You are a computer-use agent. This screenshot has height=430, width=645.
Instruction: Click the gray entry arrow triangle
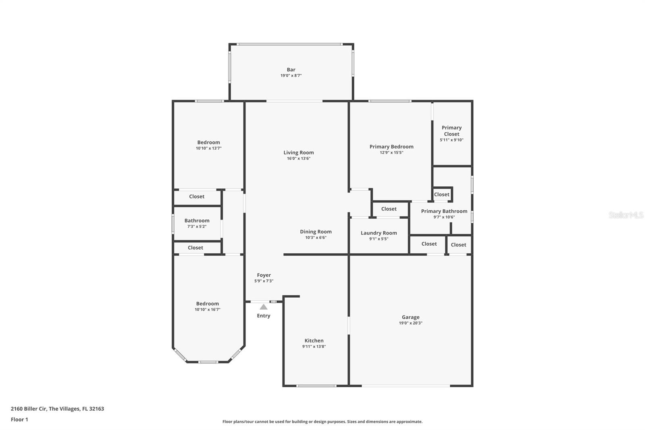(264, 307)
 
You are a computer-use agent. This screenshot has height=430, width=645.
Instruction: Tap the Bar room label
(291, 69)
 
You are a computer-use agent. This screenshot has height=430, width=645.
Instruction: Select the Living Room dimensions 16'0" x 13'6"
(299, 159)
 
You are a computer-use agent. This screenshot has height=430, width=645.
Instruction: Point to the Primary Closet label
(451, 131)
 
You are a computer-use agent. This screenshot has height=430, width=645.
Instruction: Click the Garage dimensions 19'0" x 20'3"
(411, 323)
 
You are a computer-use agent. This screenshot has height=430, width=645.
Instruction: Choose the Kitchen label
(314, 340)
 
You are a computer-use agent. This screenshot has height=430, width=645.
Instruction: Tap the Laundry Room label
(379, 233)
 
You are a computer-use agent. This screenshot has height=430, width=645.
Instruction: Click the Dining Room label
(316, 232)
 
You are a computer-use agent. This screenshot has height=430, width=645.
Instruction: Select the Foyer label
(264, 275)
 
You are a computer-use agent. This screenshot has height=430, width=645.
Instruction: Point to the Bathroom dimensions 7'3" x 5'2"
(197, 227)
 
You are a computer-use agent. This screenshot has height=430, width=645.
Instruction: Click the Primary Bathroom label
(444, 211)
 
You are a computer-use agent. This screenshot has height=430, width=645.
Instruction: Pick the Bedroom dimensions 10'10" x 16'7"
(207, 309)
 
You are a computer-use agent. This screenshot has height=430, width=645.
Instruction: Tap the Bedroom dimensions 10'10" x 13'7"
(208, 148)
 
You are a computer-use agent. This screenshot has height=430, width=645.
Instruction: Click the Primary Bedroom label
(391, 147)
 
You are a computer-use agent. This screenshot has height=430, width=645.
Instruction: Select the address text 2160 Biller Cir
(29, 409)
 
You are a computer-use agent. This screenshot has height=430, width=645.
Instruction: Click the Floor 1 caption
(19, 420)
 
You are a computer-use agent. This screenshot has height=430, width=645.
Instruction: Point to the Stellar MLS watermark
(626, 215)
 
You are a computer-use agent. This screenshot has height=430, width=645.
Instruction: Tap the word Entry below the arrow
(264, 316)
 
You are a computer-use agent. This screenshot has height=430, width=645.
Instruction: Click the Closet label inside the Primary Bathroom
(441, 194)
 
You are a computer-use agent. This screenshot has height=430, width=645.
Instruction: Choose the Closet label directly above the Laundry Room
(389, 209)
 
